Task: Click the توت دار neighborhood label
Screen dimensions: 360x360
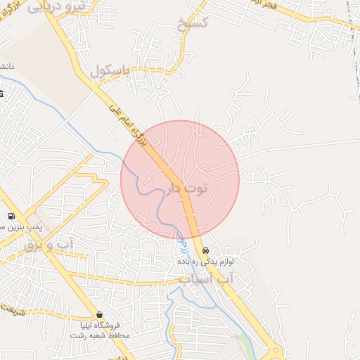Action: [189, 188]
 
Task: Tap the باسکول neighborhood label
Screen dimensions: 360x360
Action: [111, 71]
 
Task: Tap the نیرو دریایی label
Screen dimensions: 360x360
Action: [56, 7]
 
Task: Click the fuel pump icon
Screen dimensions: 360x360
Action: [11, 216]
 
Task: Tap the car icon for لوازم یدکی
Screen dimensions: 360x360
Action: [205, 250]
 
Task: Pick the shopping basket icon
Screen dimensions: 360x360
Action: [99, 314]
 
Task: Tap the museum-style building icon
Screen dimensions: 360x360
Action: [2, 94]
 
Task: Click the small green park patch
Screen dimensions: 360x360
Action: [244, 344]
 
